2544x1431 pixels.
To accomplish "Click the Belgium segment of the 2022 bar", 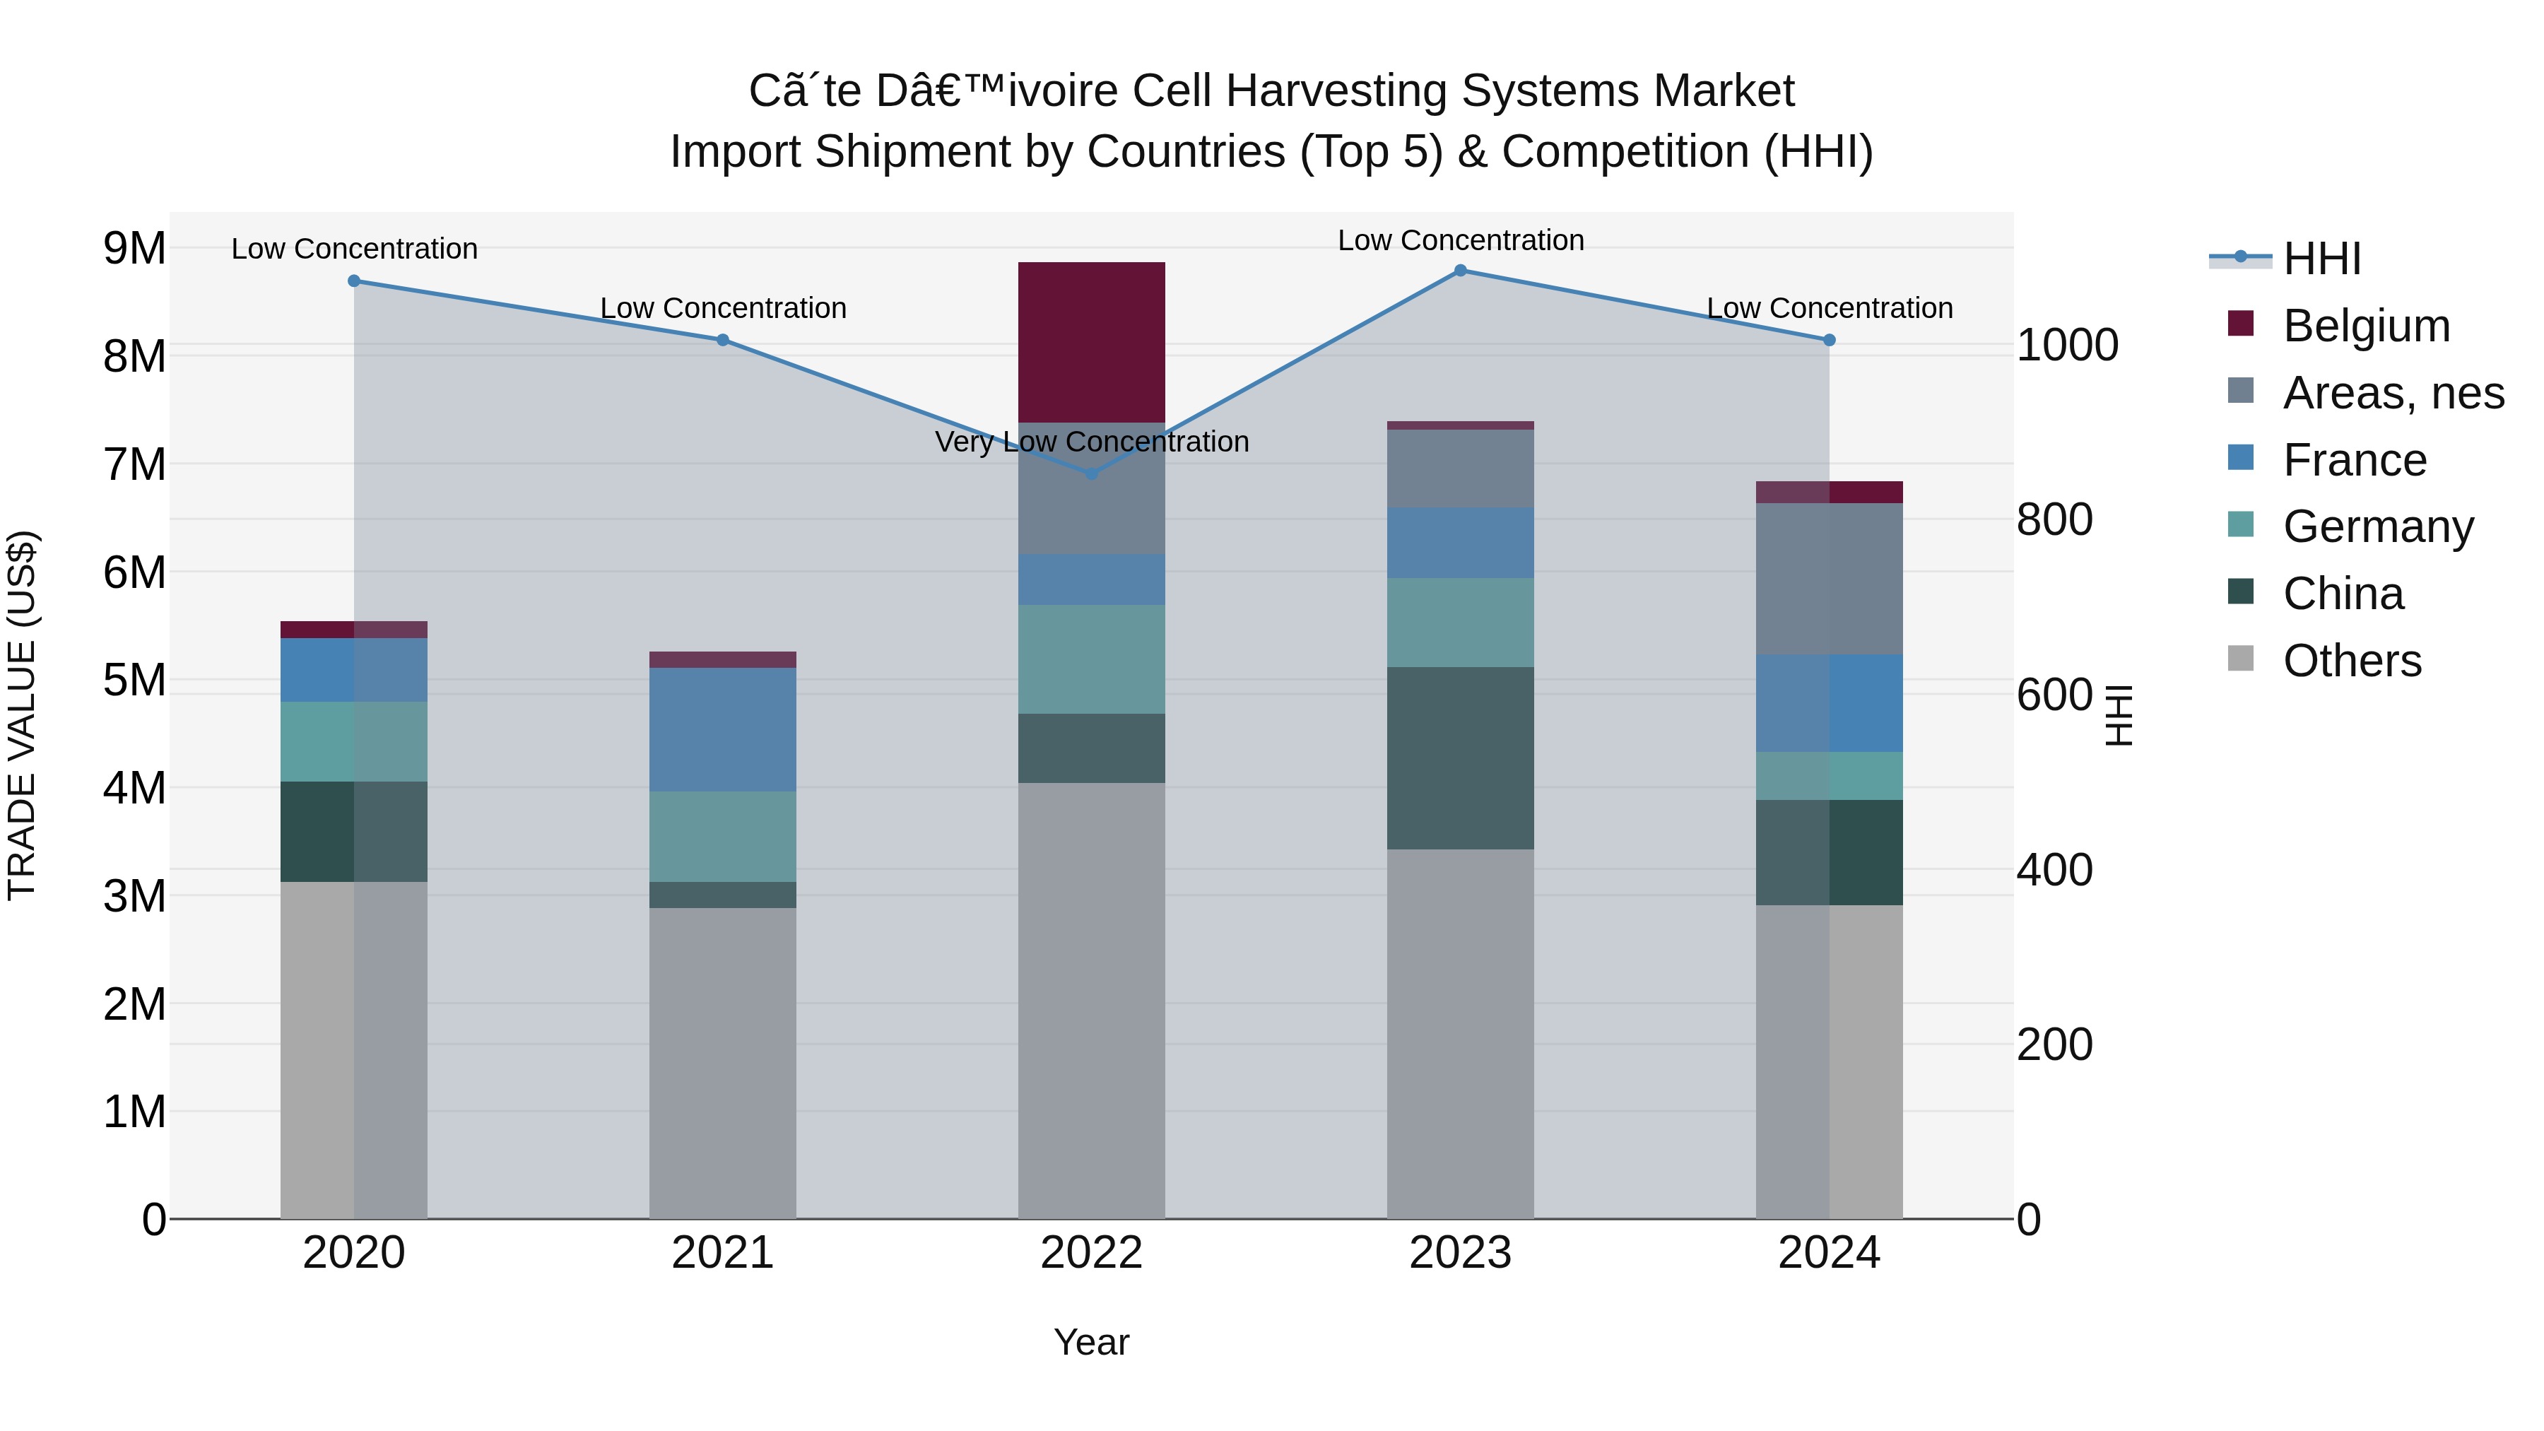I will [1091, 342].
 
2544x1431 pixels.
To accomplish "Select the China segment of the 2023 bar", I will [1460, 758].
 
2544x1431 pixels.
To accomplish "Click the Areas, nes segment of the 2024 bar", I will [1829, 579].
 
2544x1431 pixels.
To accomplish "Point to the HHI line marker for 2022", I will [1091, 474].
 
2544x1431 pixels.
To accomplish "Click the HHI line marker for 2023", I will [1460, 271].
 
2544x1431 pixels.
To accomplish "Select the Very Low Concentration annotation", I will [1091, 442].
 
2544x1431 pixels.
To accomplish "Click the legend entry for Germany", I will [2377, 526].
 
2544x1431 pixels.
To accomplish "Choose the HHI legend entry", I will [2321, 259].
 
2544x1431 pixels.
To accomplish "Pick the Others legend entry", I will [2351, 661].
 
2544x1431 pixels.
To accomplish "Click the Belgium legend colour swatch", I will [2241, 324].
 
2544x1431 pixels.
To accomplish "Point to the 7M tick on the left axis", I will [134, 464].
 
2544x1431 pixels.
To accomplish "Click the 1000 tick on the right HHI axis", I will [2067, 345].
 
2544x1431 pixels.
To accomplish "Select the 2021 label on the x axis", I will [722, 1253].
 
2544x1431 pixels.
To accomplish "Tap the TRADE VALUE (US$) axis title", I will [22, 715].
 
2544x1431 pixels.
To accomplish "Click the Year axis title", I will [1091, 1342].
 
